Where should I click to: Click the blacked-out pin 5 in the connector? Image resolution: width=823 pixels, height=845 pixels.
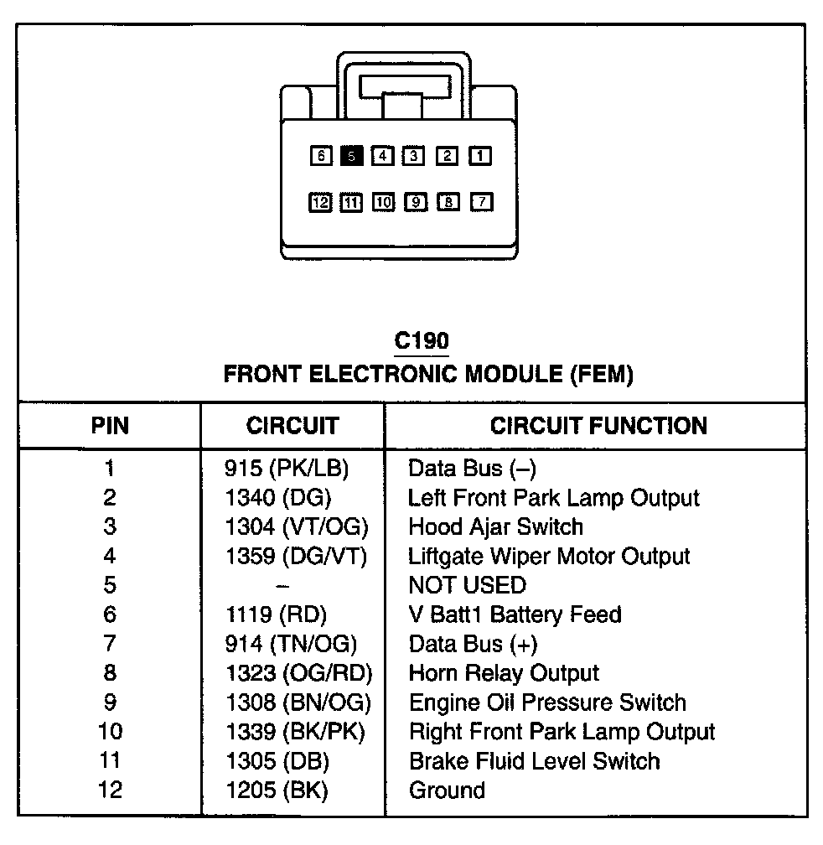(353, 155)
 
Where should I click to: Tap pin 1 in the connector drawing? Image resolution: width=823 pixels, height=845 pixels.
(480, 155)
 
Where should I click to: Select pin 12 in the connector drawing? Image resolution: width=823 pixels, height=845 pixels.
(320, 202)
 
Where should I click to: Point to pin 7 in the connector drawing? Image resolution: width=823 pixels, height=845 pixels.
(481, 202)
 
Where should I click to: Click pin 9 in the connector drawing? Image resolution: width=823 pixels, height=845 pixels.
(416, 202)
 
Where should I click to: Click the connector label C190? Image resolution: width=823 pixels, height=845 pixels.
(422, 341)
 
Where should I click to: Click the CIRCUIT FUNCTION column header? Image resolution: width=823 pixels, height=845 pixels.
(598, 426)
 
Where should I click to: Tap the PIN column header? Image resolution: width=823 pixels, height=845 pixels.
(110, 426)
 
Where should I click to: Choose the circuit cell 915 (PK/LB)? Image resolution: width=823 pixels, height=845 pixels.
(287, 469)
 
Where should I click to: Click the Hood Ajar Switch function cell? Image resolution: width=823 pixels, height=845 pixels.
(495, 527)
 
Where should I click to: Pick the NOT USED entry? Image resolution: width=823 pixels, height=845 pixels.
(467, 585)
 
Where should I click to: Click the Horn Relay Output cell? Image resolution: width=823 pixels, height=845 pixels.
(504, 673)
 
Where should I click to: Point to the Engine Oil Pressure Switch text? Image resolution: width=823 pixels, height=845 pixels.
(547, 702)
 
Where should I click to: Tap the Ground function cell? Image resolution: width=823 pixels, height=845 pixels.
(447, 790)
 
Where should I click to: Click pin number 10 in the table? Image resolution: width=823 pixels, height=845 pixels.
(110, 732)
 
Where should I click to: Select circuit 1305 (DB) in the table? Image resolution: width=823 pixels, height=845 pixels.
(277, 761)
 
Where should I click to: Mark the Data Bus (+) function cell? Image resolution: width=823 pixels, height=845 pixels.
(473, 644)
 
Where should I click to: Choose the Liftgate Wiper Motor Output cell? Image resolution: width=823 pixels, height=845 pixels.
(549, 556)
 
